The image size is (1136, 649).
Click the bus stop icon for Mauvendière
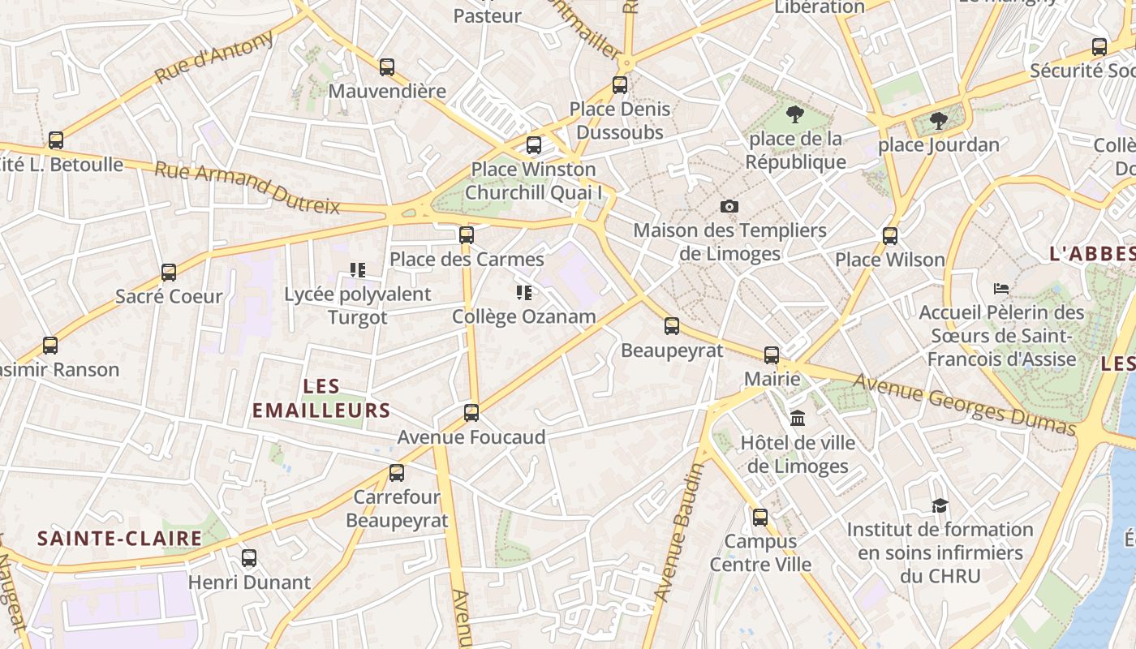pyautogui.click(x=387, y=67)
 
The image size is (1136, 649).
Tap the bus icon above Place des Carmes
pyautogui.click(x=466, y=235)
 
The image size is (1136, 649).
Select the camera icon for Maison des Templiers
pyautogui.click(x=729, y=206)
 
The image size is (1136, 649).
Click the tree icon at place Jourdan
pyautogui.click(x=939, y=121)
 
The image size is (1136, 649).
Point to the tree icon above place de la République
pyautogui.click(x=795, y=114)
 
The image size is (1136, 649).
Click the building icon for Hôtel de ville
pyautogui.click(x=798, y=419)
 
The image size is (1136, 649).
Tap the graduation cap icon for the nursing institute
pyautogui.click(x=940, y=505)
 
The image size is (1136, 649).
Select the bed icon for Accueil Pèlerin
pyautogui.click(x=1001, y=288)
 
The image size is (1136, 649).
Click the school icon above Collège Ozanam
pyautogui.click(x=523, y=292)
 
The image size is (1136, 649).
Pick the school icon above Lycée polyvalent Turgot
pyautogui.click(x=357, y=269)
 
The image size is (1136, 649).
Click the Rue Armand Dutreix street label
pyautogui.click(x=247, y=187)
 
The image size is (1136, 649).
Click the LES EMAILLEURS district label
pyautogui.click(x=321, y=398)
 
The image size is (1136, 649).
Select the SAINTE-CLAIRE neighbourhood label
pyautogui.click(x=120, y=538)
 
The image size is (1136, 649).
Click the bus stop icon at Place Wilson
pyautogui.click(x=890, y=236)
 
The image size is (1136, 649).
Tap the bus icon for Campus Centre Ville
pyautogui.click(x=760, y=517)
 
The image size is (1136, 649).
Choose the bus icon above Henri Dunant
pyautogui.click(x=249, y=558)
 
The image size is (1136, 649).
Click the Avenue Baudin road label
pyautogui.click(x=679, y=532)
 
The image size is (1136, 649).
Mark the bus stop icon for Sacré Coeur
pyautogui.click(x=169, y=273)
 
